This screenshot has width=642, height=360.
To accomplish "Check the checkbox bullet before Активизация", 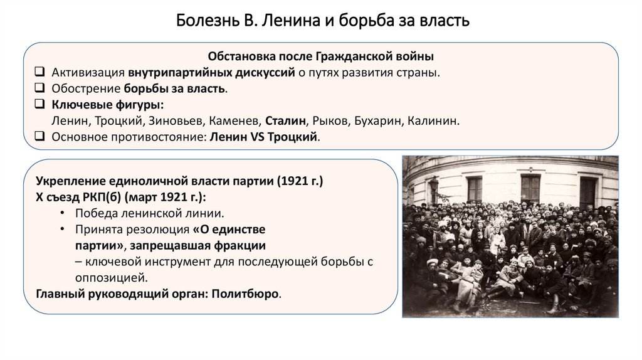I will tap(39, 72).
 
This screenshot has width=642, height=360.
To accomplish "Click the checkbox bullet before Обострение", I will tap(39, 88).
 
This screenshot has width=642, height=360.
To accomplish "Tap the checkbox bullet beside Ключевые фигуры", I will tap(39, 105).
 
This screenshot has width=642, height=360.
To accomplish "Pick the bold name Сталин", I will tap(285, 121).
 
